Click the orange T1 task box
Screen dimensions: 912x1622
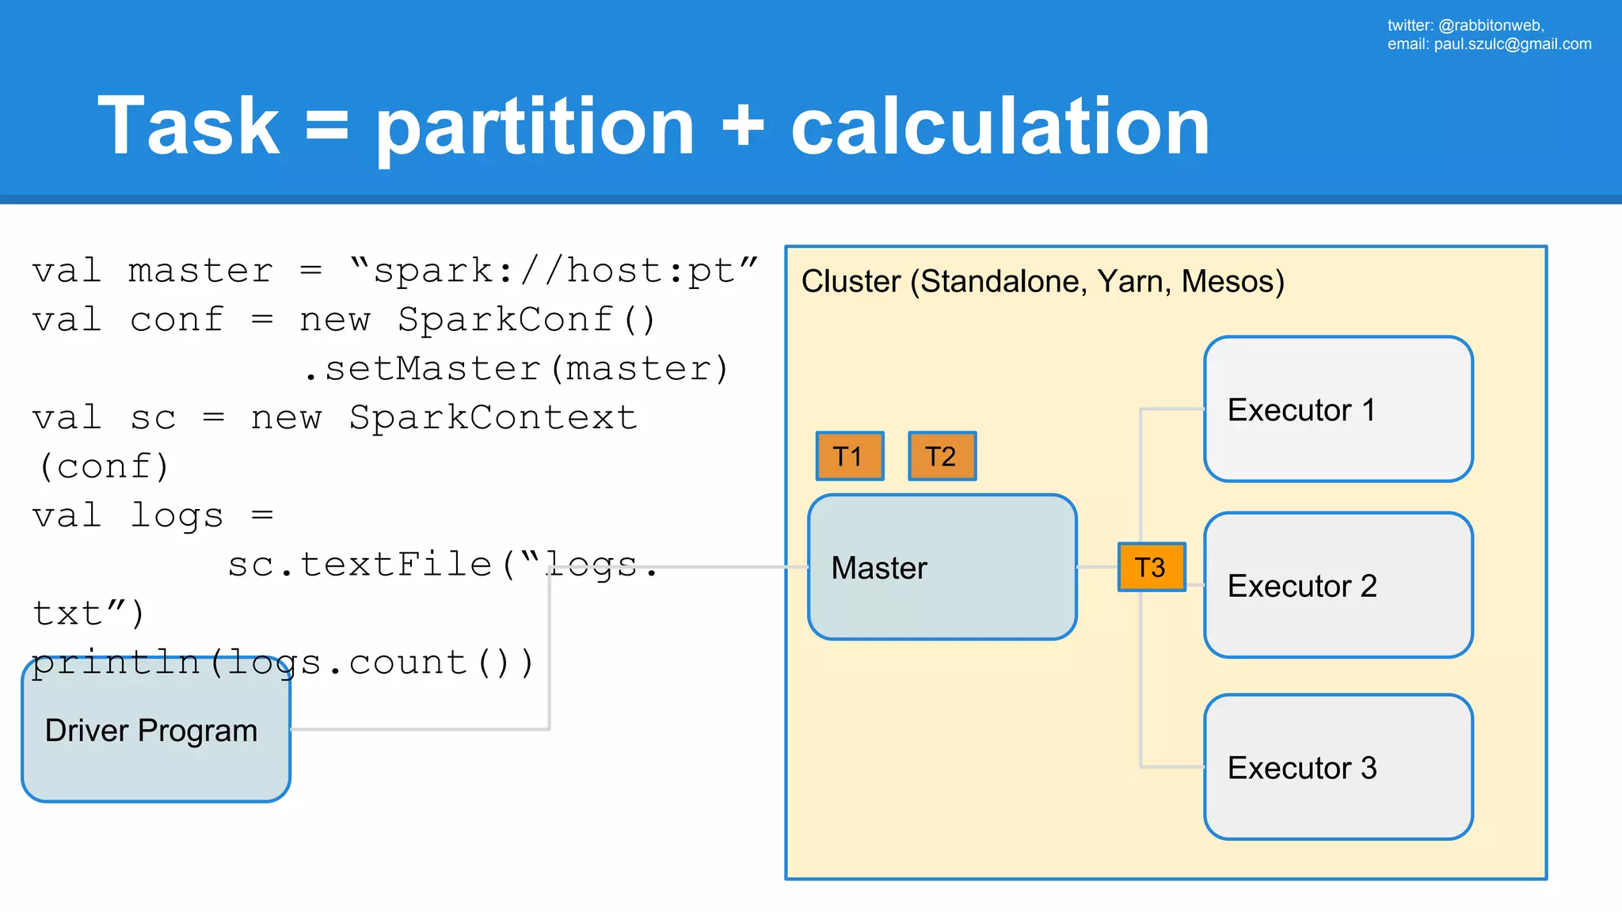click(850, 456)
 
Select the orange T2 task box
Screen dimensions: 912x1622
click(942, 456)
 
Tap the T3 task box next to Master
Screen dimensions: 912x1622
click(1151, 567)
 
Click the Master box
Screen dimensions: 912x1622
click(942, 567)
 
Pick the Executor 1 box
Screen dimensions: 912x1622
click(1338, 409)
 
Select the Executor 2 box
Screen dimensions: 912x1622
click(1338, 585)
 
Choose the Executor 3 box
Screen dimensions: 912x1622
click(1338, 767)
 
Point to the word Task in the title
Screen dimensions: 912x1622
click(188, 127)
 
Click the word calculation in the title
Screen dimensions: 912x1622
click(999, 127)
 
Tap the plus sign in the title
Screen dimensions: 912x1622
click(743, 127)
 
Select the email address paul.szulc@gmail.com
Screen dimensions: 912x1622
click(1512, 44)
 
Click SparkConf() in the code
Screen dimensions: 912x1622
click(527, 320)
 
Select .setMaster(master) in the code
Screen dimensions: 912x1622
click(516, 369)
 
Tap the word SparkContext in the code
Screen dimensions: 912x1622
click(493, 418)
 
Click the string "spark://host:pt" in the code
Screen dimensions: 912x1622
click(554, 271)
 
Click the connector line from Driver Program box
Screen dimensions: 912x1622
click(420, 728)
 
